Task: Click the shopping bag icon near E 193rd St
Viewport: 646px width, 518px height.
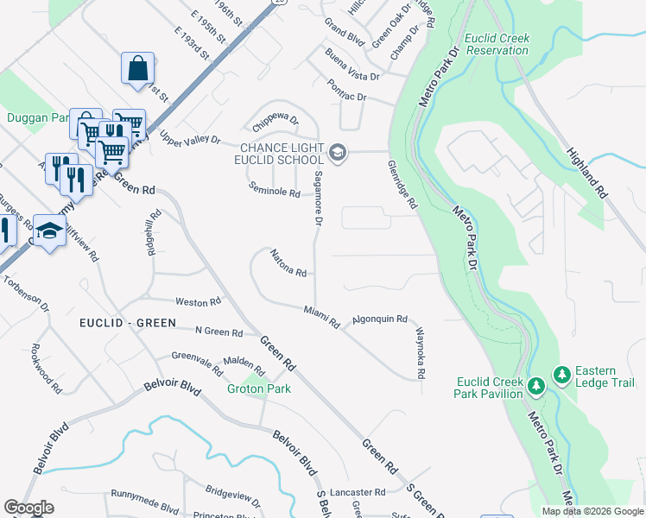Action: click(138, 68)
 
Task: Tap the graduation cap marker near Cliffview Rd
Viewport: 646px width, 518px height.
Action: click(49, 231)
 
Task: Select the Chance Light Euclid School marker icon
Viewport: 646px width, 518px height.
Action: click(337, 154)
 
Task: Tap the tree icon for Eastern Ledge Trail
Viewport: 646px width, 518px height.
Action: click(562, 374)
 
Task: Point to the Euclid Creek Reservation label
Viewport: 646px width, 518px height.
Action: click(497, 44)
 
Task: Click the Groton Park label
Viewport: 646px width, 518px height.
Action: click(258, 388)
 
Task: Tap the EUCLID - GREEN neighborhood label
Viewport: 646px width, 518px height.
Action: click(127, 323)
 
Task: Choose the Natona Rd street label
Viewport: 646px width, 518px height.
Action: click(288, 263)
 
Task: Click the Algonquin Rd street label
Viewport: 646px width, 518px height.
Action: click(379, 319)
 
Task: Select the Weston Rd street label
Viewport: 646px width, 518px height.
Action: click(198, 302)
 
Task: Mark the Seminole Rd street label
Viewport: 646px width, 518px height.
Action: click(274, 190)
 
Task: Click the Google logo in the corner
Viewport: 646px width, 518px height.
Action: click(28, 508)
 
